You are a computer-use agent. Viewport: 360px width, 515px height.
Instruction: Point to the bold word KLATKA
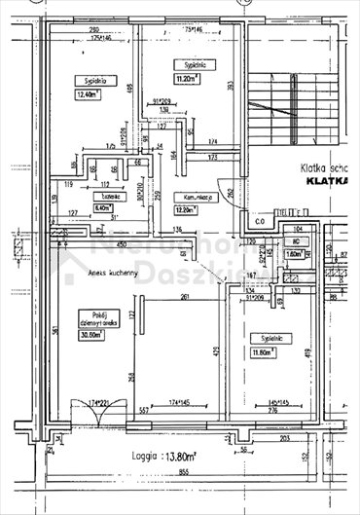(328, 180)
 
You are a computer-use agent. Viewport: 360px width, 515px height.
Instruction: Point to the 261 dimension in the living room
(184, 299)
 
